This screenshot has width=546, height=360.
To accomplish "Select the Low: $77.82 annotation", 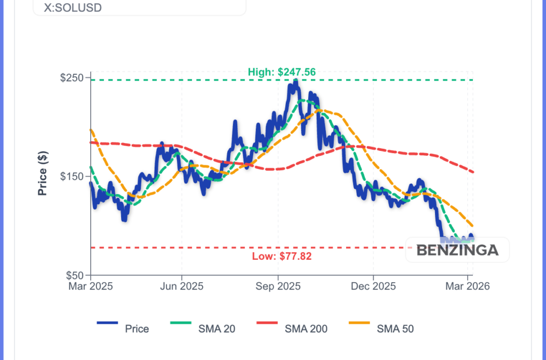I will click(x=282, y=256).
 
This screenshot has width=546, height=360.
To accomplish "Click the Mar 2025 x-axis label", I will click(x=90, y=286).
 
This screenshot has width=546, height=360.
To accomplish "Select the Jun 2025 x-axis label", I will click(x=182, y=286).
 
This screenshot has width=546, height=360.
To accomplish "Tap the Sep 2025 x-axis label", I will click(x=278, y=286).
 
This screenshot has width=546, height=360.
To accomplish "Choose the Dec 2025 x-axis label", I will click(x=373, y=286).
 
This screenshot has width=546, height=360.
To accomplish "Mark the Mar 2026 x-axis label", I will click(x=468, y=286).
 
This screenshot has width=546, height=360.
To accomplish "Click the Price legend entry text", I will click(x=137, y=329).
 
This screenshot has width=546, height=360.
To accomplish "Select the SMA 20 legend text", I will click(x=217, y=329).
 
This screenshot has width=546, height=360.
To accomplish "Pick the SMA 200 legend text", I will click(x=306, y=329).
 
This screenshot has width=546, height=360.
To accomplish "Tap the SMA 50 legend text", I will click(x=395, y=329).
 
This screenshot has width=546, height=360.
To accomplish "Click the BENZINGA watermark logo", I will click(x=457, y=250).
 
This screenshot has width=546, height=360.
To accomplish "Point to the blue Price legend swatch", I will click(x=107, y=323).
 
